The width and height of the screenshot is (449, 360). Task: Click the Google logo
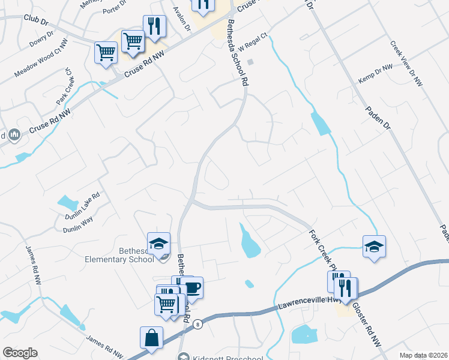[20, 353]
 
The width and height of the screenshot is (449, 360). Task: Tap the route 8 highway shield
[197, 325]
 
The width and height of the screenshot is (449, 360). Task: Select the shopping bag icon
[151, 338]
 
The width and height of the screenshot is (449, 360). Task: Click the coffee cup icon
[192, 288]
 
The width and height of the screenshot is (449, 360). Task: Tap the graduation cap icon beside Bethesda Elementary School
[159, 244]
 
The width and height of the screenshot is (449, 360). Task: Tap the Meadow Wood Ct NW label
[39, 65]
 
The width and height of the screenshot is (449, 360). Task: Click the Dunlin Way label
[77, 224]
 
